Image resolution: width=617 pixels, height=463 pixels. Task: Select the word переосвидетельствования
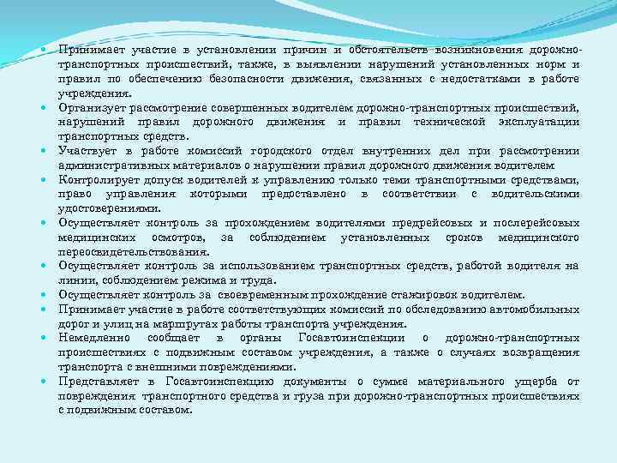[134, 252]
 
